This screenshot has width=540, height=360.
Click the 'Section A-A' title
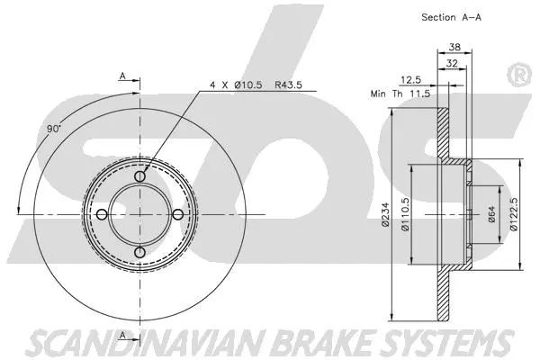[452, 17]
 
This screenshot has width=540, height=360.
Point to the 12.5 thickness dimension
[410, 78]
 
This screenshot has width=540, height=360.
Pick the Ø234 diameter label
[385, 213]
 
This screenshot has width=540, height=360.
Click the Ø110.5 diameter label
[406, 214]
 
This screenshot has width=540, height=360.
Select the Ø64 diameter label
[492, 214]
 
